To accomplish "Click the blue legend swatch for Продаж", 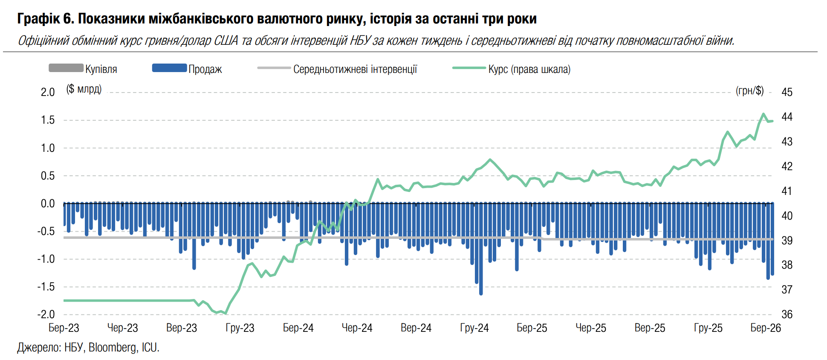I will point(169,68).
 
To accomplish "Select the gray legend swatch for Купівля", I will point(66,68).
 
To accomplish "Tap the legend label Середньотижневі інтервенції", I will point(355,69).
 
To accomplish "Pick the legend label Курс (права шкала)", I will point(529,69).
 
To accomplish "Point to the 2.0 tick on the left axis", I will point(48,92).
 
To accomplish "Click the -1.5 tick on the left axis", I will point(46,287).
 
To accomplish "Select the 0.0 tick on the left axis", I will point(48,203).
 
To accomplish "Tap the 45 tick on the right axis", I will point(787,92).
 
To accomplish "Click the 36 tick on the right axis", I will point(787,314).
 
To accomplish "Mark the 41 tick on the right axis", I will point(787,191).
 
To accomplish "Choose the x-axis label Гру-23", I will point(240,328).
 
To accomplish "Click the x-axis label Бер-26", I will point(766,328).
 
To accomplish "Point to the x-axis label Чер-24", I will point(357,328).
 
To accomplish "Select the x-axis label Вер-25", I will point(650,328).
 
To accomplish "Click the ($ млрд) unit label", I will point(84,89).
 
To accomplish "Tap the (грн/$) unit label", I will point(749,90).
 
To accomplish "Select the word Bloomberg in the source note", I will point(113,348).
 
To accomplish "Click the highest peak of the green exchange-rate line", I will point(763,114).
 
